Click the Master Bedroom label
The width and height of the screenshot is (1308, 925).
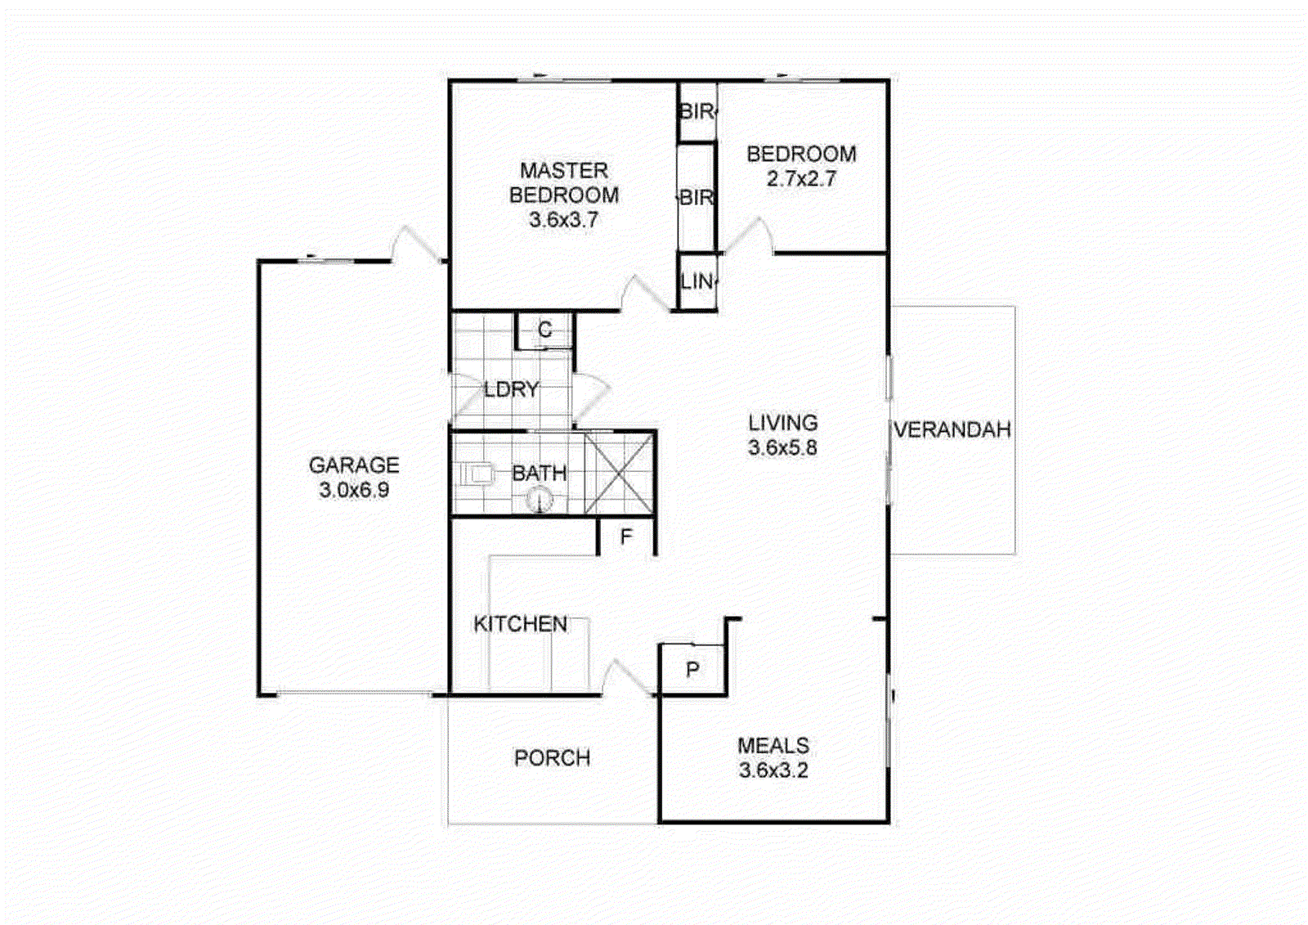tap(563, 183)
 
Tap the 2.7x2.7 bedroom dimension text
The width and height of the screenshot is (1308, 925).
tap(801, 179)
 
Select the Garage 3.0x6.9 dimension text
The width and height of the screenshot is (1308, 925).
tap(354, 491)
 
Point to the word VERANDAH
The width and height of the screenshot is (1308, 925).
tap(952, 430)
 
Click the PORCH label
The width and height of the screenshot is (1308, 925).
tap(552, 758)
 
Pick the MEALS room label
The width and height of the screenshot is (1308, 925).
tap(773, 746)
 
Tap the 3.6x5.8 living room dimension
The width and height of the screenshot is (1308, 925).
tap(782, 448)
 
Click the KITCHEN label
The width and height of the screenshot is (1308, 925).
tap(520, 625)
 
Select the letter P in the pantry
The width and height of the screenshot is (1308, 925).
tap(692, 671)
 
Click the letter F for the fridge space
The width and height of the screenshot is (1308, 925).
tap(626, 537)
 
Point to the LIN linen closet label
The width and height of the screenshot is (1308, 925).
tap(697, 282)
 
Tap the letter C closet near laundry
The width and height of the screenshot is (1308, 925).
tap(544, 330)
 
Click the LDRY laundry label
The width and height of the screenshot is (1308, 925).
tap(511, 390)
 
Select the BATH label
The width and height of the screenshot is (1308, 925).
tap(539, 474)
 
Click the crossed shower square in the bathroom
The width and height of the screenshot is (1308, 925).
tap(620, 474)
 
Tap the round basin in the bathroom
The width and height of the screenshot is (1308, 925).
tap(540, 499)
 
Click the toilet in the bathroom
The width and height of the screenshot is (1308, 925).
tap(478, 474)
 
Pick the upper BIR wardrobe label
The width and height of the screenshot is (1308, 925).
tap(697, 111)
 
